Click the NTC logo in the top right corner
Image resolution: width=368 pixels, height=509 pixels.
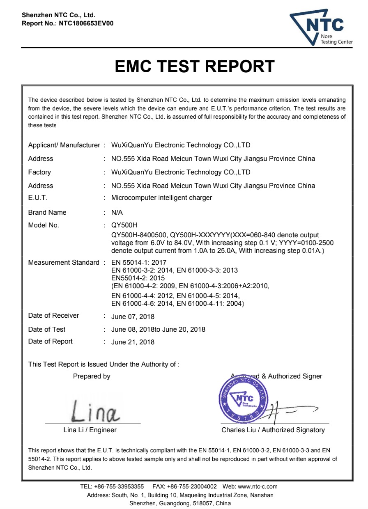[x=321, y=28]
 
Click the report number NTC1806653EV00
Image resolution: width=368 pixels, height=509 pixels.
[x=86, y=23]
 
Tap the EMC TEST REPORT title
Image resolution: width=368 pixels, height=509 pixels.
[x=195, y=66]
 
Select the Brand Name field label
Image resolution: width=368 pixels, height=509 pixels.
[x=47, y=212]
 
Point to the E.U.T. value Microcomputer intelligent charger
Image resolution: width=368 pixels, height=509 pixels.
[x=161, y=198]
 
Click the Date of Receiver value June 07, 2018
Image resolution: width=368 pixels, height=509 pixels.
[x=133, y=316]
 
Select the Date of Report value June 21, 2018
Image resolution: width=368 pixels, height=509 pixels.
[x=133, y=342]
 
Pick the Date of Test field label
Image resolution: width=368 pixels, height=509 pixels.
[x=47, y=329]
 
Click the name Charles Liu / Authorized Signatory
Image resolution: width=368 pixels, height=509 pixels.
[x=273, y=430]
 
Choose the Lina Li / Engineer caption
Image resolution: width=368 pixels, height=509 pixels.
[x=90, y=430]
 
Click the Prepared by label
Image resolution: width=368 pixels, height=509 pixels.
[x=92, y=376]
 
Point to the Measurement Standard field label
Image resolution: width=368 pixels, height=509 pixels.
[x=64, y=262]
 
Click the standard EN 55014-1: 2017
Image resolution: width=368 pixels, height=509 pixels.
[x=139, y=262]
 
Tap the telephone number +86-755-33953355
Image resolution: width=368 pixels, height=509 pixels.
[x=119, y=486]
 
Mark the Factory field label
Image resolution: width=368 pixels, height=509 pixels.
[x=39, y=172]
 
